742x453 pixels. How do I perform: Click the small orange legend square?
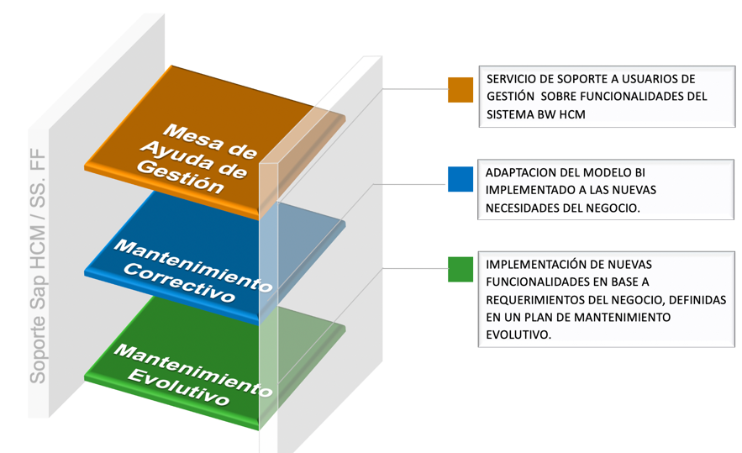[460, 90]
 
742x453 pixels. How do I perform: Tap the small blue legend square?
[460, 179]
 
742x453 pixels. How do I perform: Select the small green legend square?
[460, 269]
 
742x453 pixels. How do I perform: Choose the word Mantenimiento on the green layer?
[192, 368]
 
